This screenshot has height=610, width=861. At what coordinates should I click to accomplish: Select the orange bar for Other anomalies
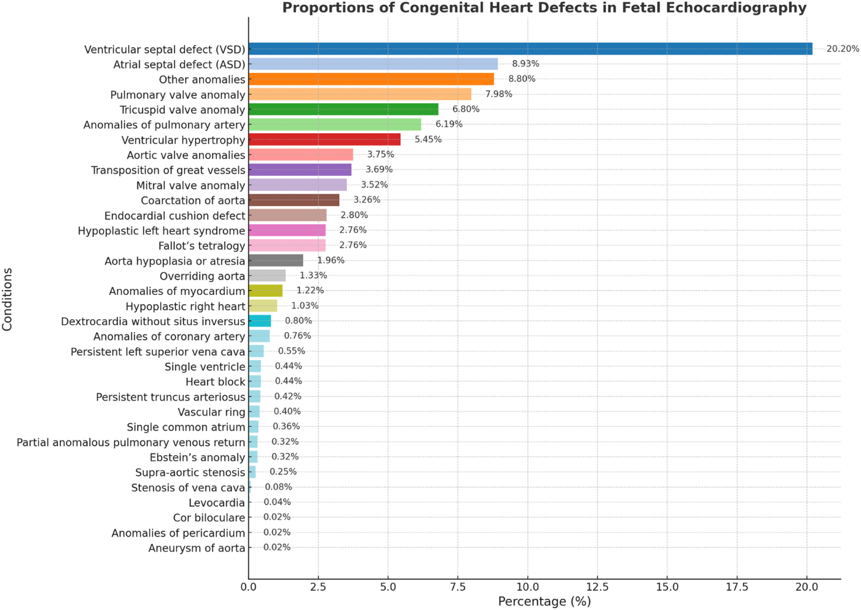point(371,79)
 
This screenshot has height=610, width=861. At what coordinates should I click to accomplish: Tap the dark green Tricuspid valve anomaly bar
point(343,109)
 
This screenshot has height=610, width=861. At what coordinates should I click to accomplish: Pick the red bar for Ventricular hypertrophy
point(324,139)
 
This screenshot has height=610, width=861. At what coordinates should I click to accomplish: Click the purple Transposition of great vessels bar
point(300,169)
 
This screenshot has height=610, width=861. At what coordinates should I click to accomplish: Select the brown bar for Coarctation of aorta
point(294,200)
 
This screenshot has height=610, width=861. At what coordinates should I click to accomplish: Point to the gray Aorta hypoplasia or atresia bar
point(276,260)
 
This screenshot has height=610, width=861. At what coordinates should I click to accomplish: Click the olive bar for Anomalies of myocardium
point(265,291)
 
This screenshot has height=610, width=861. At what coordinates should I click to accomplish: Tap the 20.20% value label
point(842,49)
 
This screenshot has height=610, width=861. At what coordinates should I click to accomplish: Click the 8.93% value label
point(525,64)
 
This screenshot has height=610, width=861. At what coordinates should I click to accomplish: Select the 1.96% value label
point(330,260)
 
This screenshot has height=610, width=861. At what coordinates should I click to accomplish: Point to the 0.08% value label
point(278,487)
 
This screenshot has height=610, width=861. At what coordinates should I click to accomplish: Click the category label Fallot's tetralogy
point(201,246)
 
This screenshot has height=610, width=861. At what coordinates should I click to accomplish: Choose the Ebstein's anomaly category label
point(197,457)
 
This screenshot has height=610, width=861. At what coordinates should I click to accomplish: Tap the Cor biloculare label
point(209,518)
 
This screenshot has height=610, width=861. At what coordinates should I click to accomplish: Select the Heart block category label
point(215,382)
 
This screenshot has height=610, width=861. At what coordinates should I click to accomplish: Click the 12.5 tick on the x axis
point(597,587)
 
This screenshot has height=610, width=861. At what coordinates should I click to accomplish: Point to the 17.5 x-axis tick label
point(737,587)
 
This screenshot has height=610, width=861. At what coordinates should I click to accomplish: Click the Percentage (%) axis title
point(544,601)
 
